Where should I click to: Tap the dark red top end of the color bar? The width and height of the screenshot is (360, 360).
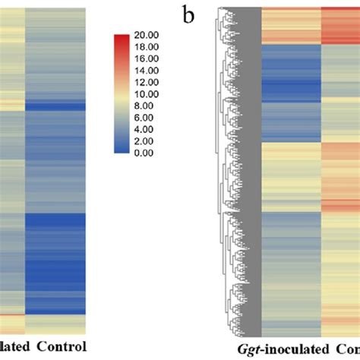click(122, 37)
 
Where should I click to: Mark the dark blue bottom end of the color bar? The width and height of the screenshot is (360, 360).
click(122, 150)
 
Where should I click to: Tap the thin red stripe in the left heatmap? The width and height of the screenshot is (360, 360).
click(12, 314)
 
